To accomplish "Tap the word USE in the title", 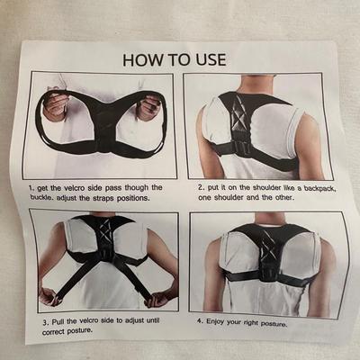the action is click(x=211, y=59).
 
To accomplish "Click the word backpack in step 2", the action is click(x=319, y=188).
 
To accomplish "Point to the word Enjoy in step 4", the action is click(x=215, y=321).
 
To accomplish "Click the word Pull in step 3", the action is click(x=58, y=322).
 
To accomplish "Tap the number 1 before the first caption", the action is click(x=31, y=188).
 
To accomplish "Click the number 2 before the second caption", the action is click(x=201, y=187).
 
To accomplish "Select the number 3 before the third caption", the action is click(x=45, y=323).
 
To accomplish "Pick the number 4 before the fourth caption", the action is click(x=200, y=320).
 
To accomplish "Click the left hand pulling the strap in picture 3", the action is click(x=49, y=296).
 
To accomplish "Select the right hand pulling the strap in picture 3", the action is click(x=160, y=297).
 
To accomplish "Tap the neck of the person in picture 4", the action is click(x=271, y=219).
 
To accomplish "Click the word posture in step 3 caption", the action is click(x=79, y=331).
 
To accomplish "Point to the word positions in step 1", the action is click(x=133, y=198).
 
